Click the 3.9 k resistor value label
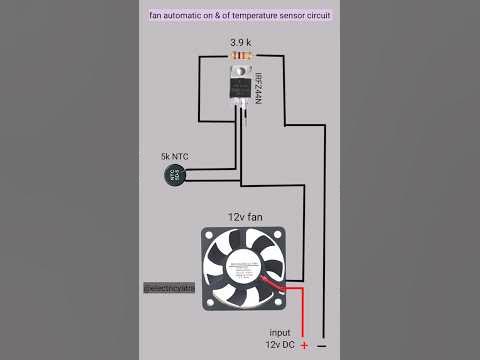(x=240, y=44)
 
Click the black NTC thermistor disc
(x=175, y=176)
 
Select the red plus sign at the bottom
(x=304, y=346)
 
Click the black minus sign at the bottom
(x=322, y=346)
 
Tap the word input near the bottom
(x=281, y=331)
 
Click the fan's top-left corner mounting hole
(x=207, y=233)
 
